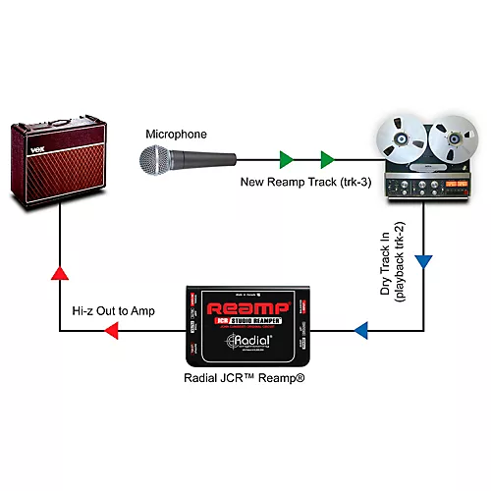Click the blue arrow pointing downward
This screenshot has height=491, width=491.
coord(423,262)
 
